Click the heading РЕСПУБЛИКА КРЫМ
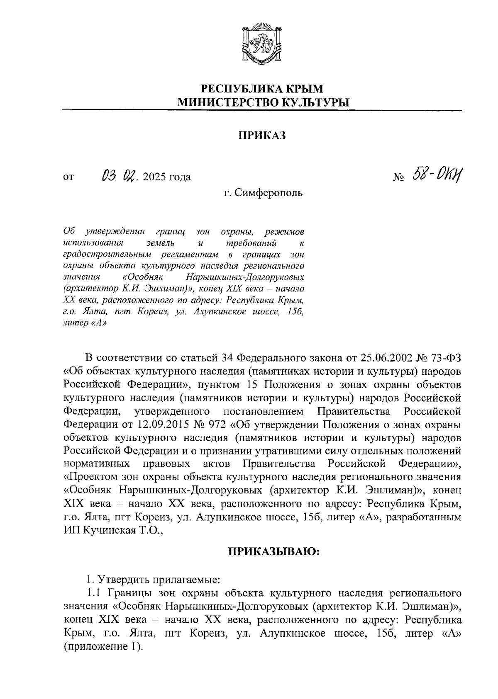click(262, 88)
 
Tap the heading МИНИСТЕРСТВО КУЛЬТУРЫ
click(262, 102)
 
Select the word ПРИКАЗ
click(262, 136)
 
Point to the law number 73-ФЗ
click(445, 357)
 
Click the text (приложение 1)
click(103, 647)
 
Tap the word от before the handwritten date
click(68, 177)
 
